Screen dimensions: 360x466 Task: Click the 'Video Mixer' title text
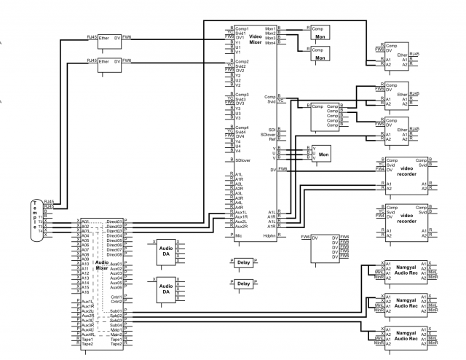(x=256, y=39)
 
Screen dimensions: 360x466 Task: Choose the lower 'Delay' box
(x=243, y=283)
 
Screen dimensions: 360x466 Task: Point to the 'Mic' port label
(x=238, y=236)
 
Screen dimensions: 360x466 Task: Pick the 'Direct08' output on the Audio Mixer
(x=114, y=254)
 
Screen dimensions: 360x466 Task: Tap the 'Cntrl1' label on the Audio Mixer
(x=116, y=297)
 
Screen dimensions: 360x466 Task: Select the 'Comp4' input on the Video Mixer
(x=242, y=128)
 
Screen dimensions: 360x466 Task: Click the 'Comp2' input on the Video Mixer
(x=242, y=62)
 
